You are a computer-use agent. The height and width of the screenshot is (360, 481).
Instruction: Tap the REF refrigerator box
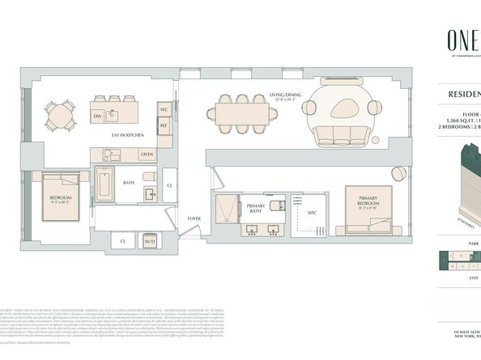[x=164, y=126]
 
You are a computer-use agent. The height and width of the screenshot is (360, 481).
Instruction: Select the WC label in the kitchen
[x=164, y=109]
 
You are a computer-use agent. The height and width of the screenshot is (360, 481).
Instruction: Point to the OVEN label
[x=147, y=154]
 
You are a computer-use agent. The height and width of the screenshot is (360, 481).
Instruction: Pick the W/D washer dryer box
[x=149, y=241]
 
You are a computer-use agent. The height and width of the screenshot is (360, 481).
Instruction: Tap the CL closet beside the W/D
[x=123, y=241]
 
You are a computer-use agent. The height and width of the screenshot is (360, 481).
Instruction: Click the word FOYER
[x=194, y=218]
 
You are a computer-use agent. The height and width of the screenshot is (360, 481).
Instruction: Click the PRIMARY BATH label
[x=255, y=209]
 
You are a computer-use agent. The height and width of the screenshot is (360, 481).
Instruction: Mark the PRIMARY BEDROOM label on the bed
[x=368, y=203]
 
